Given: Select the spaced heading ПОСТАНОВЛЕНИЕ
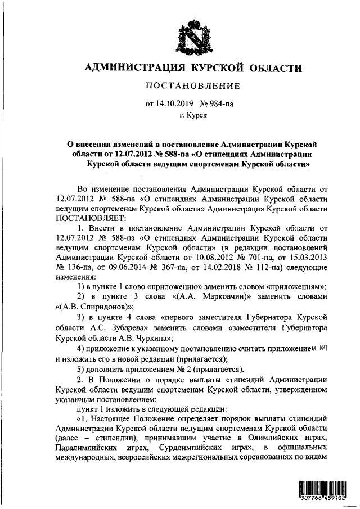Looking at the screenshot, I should [192, 86].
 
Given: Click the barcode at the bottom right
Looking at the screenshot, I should [320, 491].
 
